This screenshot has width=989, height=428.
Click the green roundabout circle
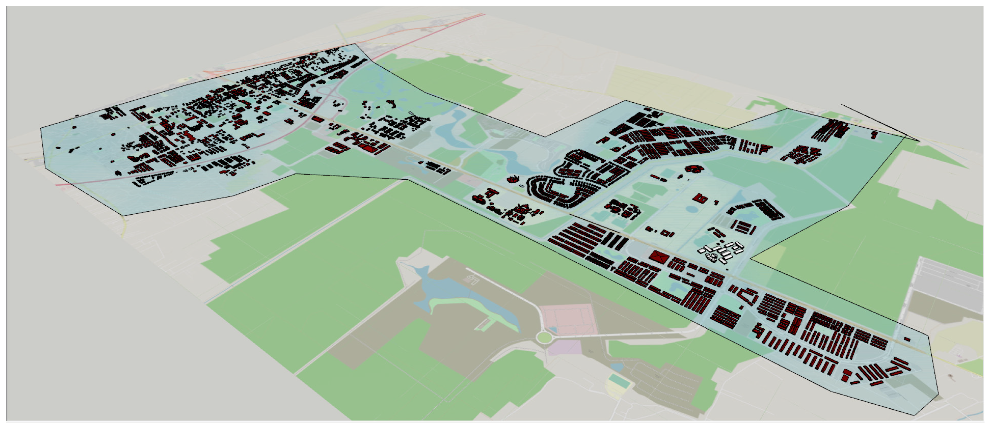pyautogui.click(x=544, y=338)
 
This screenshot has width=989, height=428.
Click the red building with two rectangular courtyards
pyautogui.click(x=701, y=198)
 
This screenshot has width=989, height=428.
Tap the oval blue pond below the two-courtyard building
pyautogui.click(x=692, y=210)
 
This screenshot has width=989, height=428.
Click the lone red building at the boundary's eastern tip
pyautogui.click(x=907, y=339)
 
